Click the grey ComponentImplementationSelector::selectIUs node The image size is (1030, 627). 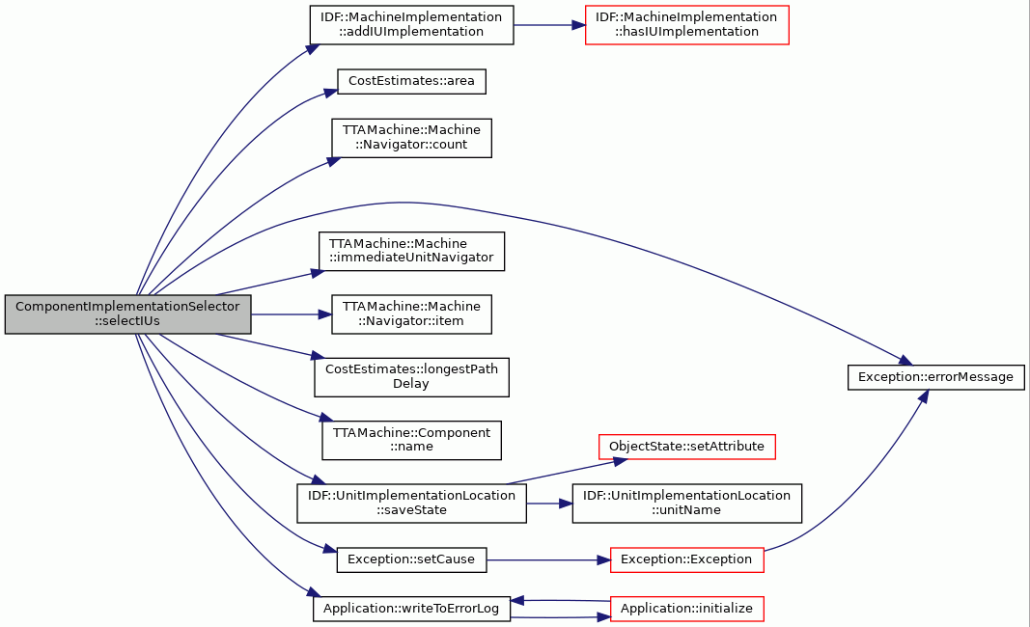click(127, 314)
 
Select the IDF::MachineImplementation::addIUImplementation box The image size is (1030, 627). click(411, 25)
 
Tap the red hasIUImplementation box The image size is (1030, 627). click(686, 25)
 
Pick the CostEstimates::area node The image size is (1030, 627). click(411, 81)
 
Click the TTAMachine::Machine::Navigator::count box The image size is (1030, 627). click(411, 138)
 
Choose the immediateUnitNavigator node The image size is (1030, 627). click(411, 251)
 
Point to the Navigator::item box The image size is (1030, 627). click(411, 314)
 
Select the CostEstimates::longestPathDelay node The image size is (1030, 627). click(411, 377)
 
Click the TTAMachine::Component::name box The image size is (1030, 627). click(411, 440)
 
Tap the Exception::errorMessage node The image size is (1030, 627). click(936, 377)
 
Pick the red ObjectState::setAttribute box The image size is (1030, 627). click(686, 447)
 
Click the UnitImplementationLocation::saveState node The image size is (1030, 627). click(411, 504)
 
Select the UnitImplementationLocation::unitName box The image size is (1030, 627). click(686, 504)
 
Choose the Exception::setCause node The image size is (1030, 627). click(411, 559)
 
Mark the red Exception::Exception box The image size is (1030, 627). click(686, 559)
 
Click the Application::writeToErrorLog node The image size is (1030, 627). click(411, 609)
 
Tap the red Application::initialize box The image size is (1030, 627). click(686, 609)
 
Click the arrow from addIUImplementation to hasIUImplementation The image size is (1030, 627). click(549, 25)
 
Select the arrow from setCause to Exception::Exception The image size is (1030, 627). click(548, 560)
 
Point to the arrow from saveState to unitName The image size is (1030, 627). click(549, 504)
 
